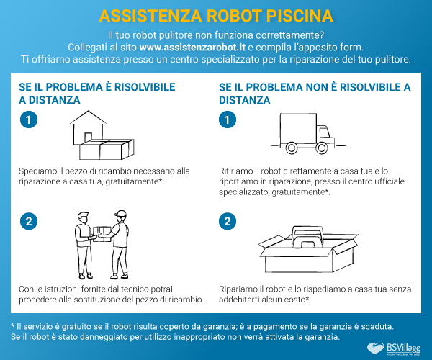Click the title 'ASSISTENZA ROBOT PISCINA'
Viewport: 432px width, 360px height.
pos(216,15)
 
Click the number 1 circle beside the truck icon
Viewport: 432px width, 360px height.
pos(228,121)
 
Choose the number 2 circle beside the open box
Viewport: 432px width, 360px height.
pos(228,221)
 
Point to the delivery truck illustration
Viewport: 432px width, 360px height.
pos(307,136)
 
